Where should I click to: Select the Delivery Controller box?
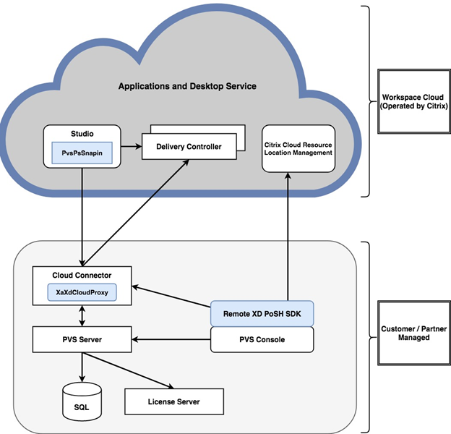click(x=189, y=147)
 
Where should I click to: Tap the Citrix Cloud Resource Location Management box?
click(x=298, y=148)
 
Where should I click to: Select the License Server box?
click(x=174, y=401)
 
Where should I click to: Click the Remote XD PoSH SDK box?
click(x=262, y=314)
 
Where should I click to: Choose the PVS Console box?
click(x=262, y=339)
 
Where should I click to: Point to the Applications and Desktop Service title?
click(x=187, y=87)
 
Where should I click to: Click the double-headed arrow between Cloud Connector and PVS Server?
click(x=82, y=315)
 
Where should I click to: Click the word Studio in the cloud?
click(x=82, y=133)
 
